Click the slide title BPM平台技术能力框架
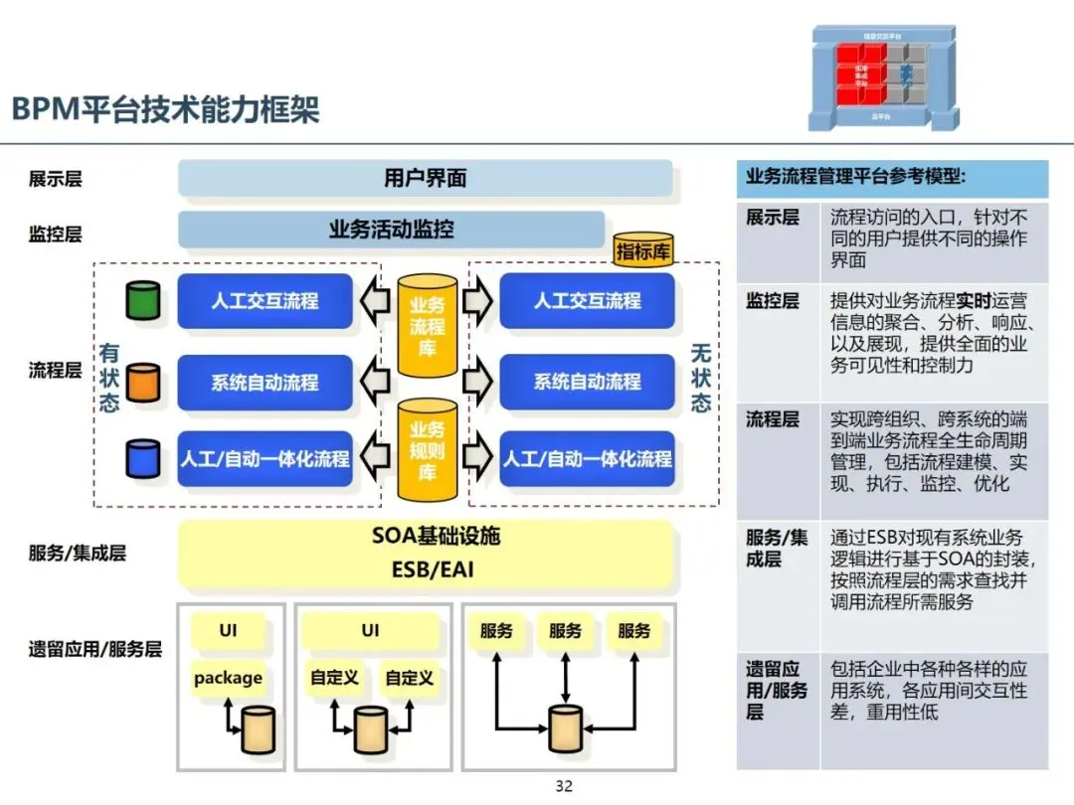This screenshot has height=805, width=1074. tap(166, 108)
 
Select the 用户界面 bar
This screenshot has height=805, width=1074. tap(425, 179)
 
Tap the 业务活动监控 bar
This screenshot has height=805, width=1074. tap(392, 230)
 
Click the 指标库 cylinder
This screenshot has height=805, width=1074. tap(643, 251)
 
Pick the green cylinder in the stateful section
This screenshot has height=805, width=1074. tap(143, 300)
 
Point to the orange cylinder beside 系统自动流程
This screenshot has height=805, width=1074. tap(143, 382)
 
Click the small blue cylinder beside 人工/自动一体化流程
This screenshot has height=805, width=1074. tap(143, 458)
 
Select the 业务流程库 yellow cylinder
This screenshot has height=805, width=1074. tap(428, 326)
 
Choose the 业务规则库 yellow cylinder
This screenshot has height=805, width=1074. tap(428, 450)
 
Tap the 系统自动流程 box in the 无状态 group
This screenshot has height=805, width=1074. tap(587, 382)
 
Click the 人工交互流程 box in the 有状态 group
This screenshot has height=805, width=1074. tap(265, 301)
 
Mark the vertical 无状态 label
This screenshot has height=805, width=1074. tap(702, 378)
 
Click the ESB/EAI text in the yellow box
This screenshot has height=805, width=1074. tap(437, 570)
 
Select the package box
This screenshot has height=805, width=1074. tap(229, 678)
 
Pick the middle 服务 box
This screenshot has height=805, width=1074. tap(565, 631)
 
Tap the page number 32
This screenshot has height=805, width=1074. tap(564, 786)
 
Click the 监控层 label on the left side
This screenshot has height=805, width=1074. tap(55, 235)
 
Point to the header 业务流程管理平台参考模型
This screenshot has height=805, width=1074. tap(855, 177)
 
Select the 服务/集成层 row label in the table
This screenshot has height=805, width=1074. tap(777, 549)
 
